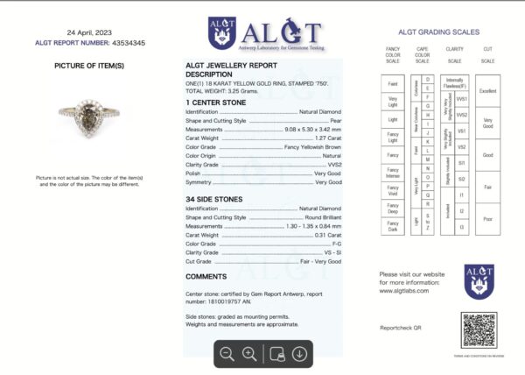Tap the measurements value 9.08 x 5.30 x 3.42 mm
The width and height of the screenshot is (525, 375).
point(306,129)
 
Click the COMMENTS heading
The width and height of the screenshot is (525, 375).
point(206,276)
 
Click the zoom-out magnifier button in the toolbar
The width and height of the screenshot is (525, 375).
point(227,354)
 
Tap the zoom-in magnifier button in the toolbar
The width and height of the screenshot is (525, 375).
point(249,354)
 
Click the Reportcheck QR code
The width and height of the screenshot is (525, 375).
point(479,329)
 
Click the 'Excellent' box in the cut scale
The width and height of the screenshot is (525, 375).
point(487,90)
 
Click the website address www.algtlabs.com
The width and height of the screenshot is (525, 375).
point(403,292)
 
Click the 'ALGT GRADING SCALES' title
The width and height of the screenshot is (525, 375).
point(438,32)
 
